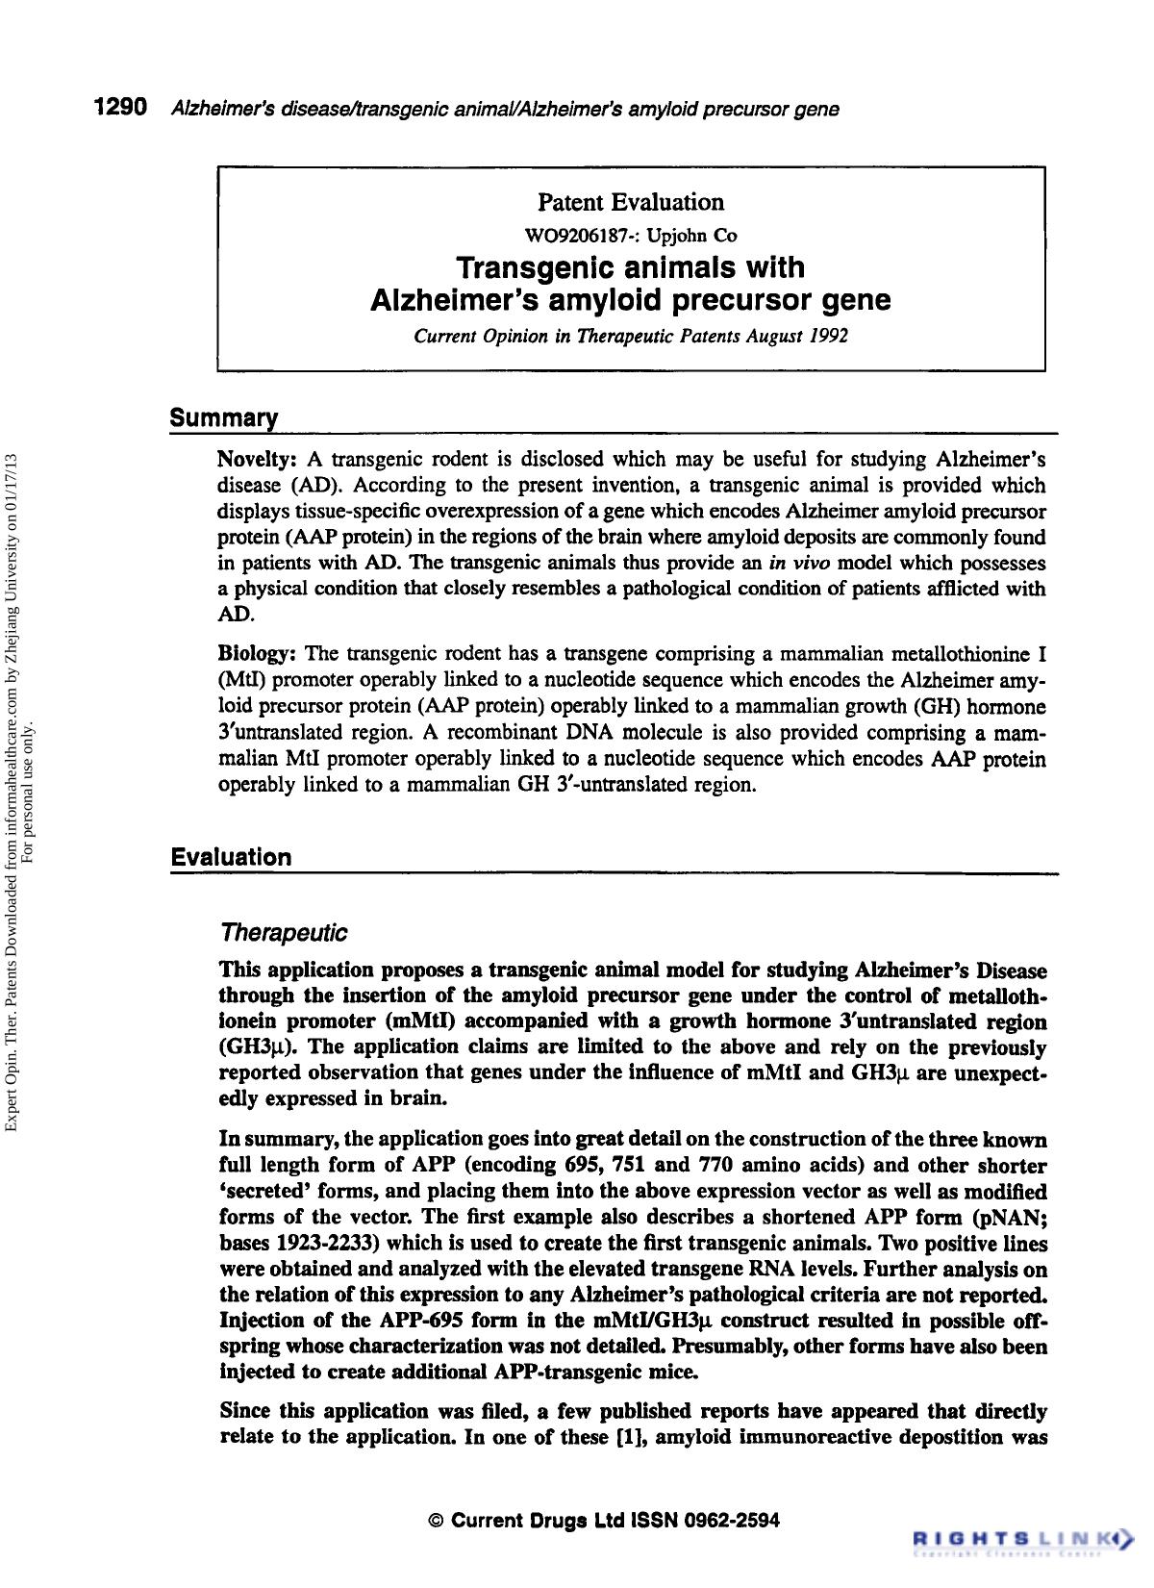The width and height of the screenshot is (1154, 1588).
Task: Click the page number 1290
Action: tap(120, 108)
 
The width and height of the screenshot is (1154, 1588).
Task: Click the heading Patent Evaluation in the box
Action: tap(630, 202)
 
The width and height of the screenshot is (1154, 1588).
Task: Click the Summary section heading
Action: tap(224, 418)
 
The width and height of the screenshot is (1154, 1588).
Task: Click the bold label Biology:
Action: tap(257, 655)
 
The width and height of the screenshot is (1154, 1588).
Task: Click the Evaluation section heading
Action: tap(231, 857)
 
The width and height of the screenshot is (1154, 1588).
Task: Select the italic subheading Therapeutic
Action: tap(283, 933)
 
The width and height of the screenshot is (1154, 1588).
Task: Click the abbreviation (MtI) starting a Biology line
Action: tap(244, 681)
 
